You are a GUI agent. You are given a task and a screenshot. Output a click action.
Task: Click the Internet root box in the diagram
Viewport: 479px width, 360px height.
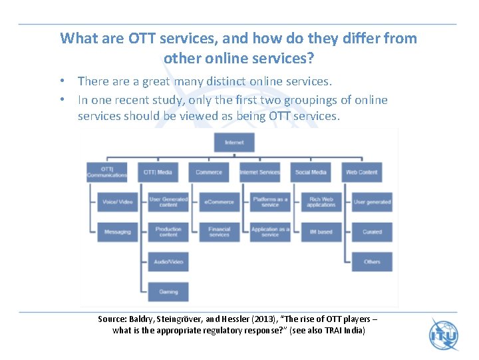coord(234,142)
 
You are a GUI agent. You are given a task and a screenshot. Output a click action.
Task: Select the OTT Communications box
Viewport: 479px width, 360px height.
coord(106,172)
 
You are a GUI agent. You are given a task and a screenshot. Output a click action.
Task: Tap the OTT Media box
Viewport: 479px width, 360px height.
coord(158,172)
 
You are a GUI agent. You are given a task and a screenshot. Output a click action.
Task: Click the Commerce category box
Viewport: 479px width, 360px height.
coord(209,172)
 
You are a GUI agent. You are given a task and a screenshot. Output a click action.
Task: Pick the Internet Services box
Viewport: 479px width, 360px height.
coord(260,172)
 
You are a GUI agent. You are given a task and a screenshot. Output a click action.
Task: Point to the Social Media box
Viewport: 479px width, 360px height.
coord(311,172)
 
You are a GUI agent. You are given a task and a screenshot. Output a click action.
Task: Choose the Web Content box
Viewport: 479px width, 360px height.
coord(362,172)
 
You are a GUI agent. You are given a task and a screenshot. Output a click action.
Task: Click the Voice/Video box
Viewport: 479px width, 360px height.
coord(118,202)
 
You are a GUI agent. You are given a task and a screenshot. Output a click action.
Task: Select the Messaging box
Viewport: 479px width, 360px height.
coord(118,232)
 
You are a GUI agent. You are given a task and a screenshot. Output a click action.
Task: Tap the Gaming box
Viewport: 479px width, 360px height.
coord(168,292)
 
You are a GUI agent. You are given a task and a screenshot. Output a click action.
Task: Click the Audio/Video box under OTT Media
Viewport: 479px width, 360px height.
coord(168,262)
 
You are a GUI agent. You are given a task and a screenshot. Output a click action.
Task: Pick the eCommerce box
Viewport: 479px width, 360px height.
coord(219,202)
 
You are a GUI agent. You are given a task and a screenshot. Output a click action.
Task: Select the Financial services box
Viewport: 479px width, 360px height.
coord(219,232)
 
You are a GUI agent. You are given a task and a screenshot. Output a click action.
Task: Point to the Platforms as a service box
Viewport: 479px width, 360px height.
coord(270,202)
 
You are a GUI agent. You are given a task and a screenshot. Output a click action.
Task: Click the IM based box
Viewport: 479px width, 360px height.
coord(321,232)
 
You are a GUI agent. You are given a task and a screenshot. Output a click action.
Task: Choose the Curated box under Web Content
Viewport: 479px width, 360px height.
coord(372,232)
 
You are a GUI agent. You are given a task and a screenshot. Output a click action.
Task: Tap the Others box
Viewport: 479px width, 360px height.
coord(372,262)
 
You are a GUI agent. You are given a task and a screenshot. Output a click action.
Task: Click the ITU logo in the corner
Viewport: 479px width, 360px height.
coord(444,334)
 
